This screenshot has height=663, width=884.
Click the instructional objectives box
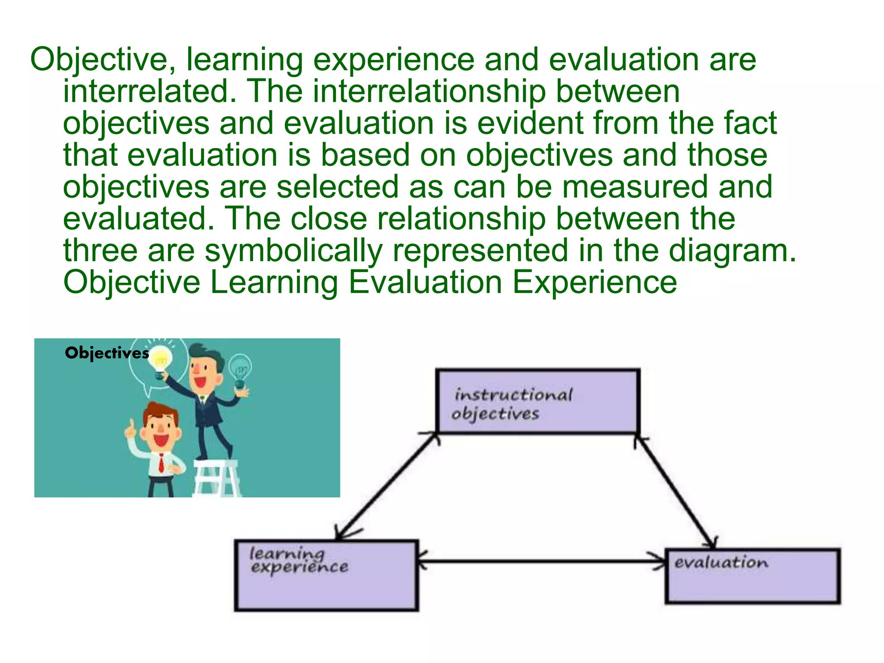[537, 401]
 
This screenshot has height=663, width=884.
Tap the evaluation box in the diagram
[752, 576]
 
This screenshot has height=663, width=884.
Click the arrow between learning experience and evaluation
[542, 561]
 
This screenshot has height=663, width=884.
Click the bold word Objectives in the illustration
[107, 353]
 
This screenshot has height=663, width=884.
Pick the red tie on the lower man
[161, 463]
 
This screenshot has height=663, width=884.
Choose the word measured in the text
[635, 187]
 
